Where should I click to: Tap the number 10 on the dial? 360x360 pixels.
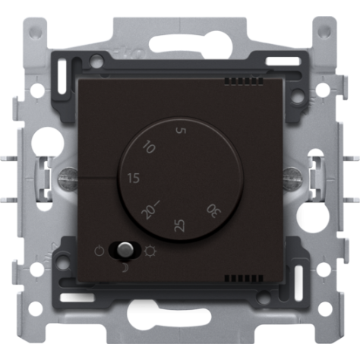coord(149,148)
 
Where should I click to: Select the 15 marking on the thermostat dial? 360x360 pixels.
coord(134,178)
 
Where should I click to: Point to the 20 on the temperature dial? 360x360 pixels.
coord(149,210)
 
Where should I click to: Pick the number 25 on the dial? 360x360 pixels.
coord(179,224)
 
